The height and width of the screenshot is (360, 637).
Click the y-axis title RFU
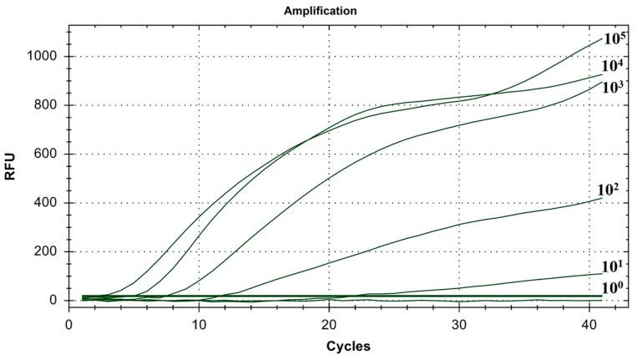pyautogui.click(x=11, y=177)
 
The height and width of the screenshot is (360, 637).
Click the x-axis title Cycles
pyautogui.click(x=349, y=346)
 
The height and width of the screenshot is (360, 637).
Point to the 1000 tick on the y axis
pyautogui.click(x=42, y=57)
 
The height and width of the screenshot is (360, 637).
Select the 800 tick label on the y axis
pyautogui.click(x=45, y=105)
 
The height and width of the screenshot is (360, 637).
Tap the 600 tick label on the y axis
pyautogui.click(x=45, y=154)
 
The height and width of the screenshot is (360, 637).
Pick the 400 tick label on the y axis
pyautogui.click(x=45, y=203)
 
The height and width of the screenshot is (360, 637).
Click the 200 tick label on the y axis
pyautogui.click(x=45, y=251)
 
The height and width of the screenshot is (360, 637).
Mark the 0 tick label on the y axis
pyautogui.click(x=53, y=301)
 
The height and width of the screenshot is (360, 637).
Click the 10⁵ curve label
pyautogui.click(x=614, y=38)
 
